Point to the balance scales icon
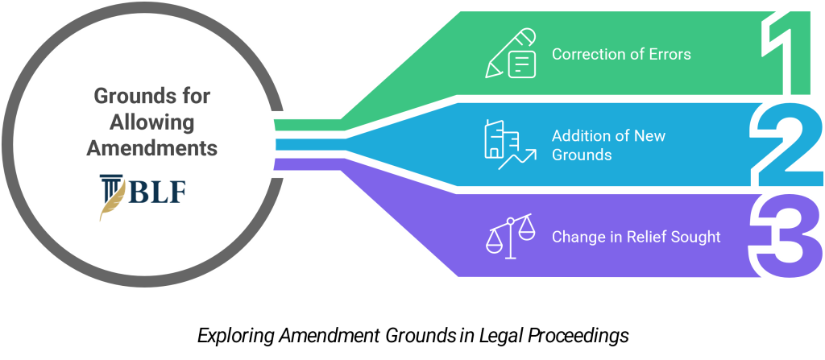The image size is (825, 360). click(x=511, y=237)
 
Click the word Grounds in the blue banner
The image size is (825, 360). click(x=582, y=154)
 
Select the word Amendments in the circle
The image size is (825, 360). click(x=152, y=149)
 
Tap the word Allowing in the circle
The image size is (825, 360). click(x=152, y=123)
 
